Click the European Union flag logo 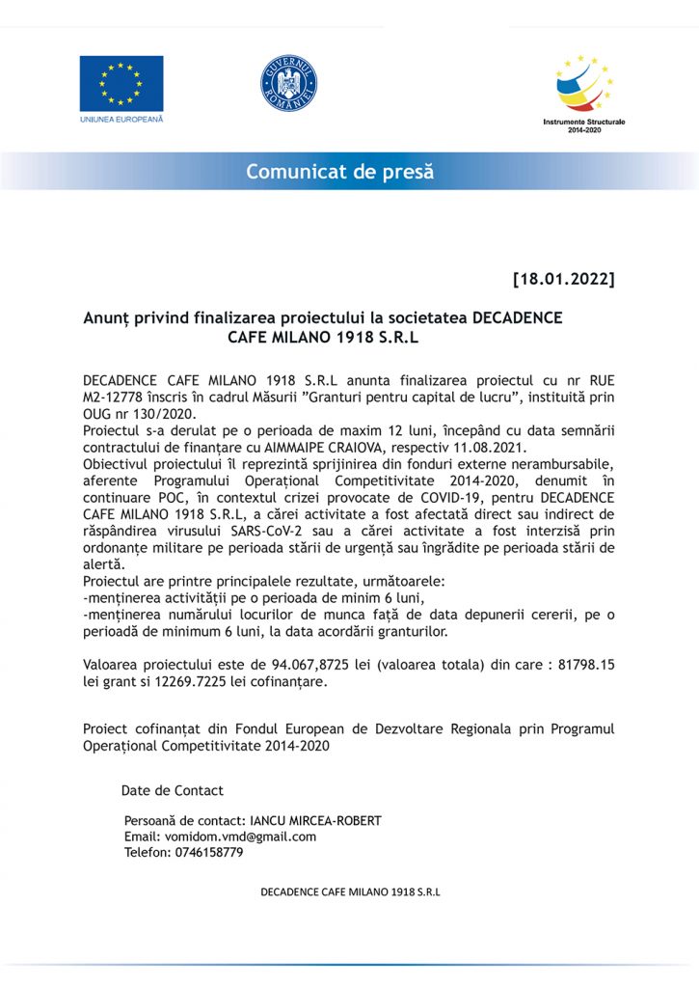coord(121,83)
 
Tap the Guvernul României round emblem coord(288,82)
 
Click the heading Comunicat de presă coord(339,172)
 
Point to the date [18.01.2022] coord(563,280)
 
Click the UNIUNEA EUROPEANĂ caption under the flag coord(121,119)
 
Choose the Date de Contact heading coord(172,790)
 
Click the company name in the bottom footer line coord(350,892)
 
